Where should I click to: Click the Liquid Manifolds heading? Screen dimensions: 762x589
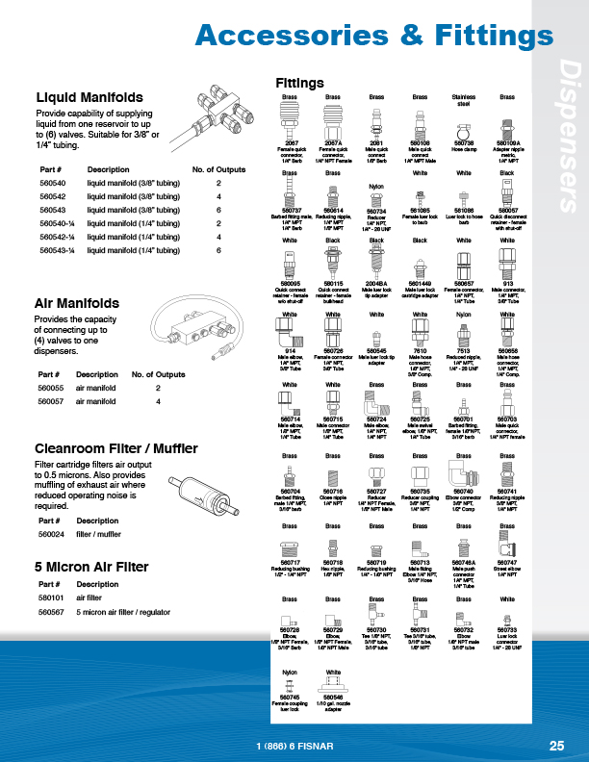pyautogui.click(x=90, y=98)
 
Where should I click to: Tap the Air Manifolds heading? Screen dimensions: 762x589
pyautogui.click(x=76, y=304)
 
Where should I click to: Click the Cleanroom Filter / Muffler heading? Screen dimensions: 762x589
pyautogui.click(x=115, y=448)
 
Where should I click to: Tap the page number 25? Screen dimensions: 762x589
pyautogui.click(x=556, y=745)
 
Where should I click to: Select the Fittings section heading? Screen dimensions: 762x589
pyautogui.click(x=299, y=84)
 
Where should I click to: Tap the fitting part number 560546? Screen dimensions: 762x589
pyautogui.click(x=333, y=697)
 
